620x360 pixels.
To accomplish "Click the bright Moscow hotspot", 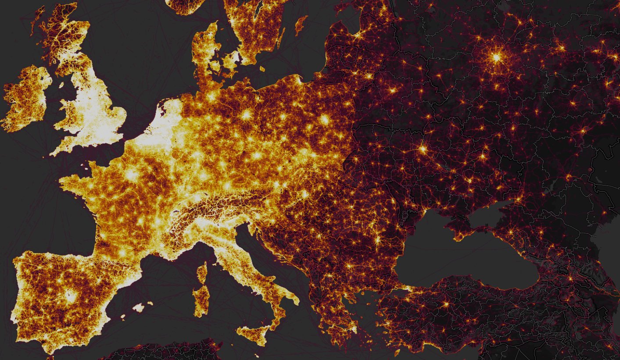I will tap(496, 57).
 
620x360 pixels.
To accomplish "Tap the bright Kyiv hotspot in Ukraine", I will tap(423, 149).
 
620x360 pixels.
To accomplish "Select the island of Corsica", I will tap(202, 271).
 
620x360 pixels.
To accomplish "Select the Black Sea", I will tap(465, 259).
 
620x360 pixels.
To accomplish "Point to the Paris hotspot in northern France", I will tap(131, 175).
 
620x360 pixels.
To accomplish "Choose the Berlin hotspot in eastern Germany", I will tap(246, 115).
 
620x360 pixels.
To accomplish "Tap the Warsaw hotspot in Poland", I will tap(325, 119).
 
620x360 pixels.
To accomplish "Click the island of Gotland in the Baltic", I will tap(301, 25).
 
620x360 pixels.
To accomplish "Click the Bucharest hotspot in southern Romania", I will tap(376, 241).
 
